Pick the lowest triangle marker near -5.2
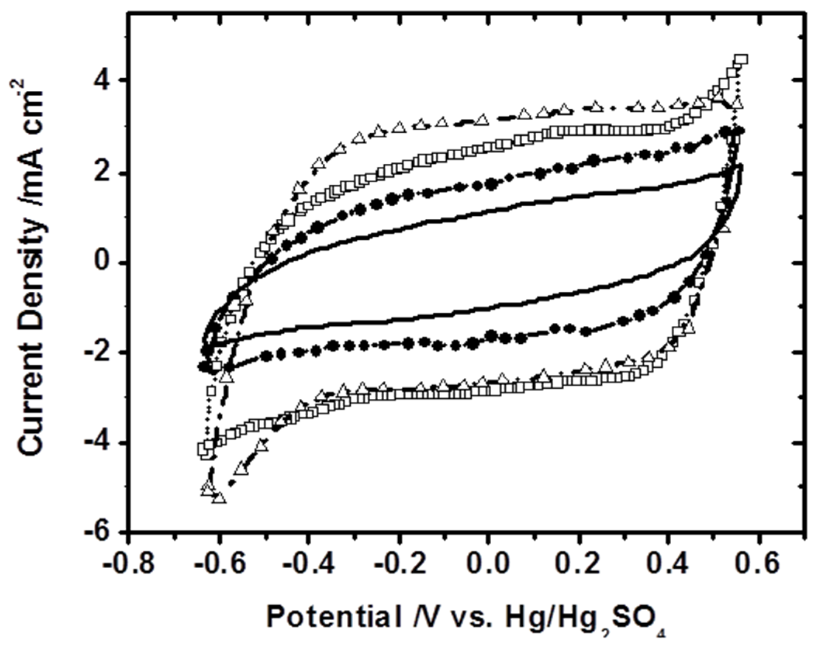pos(219,498)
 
